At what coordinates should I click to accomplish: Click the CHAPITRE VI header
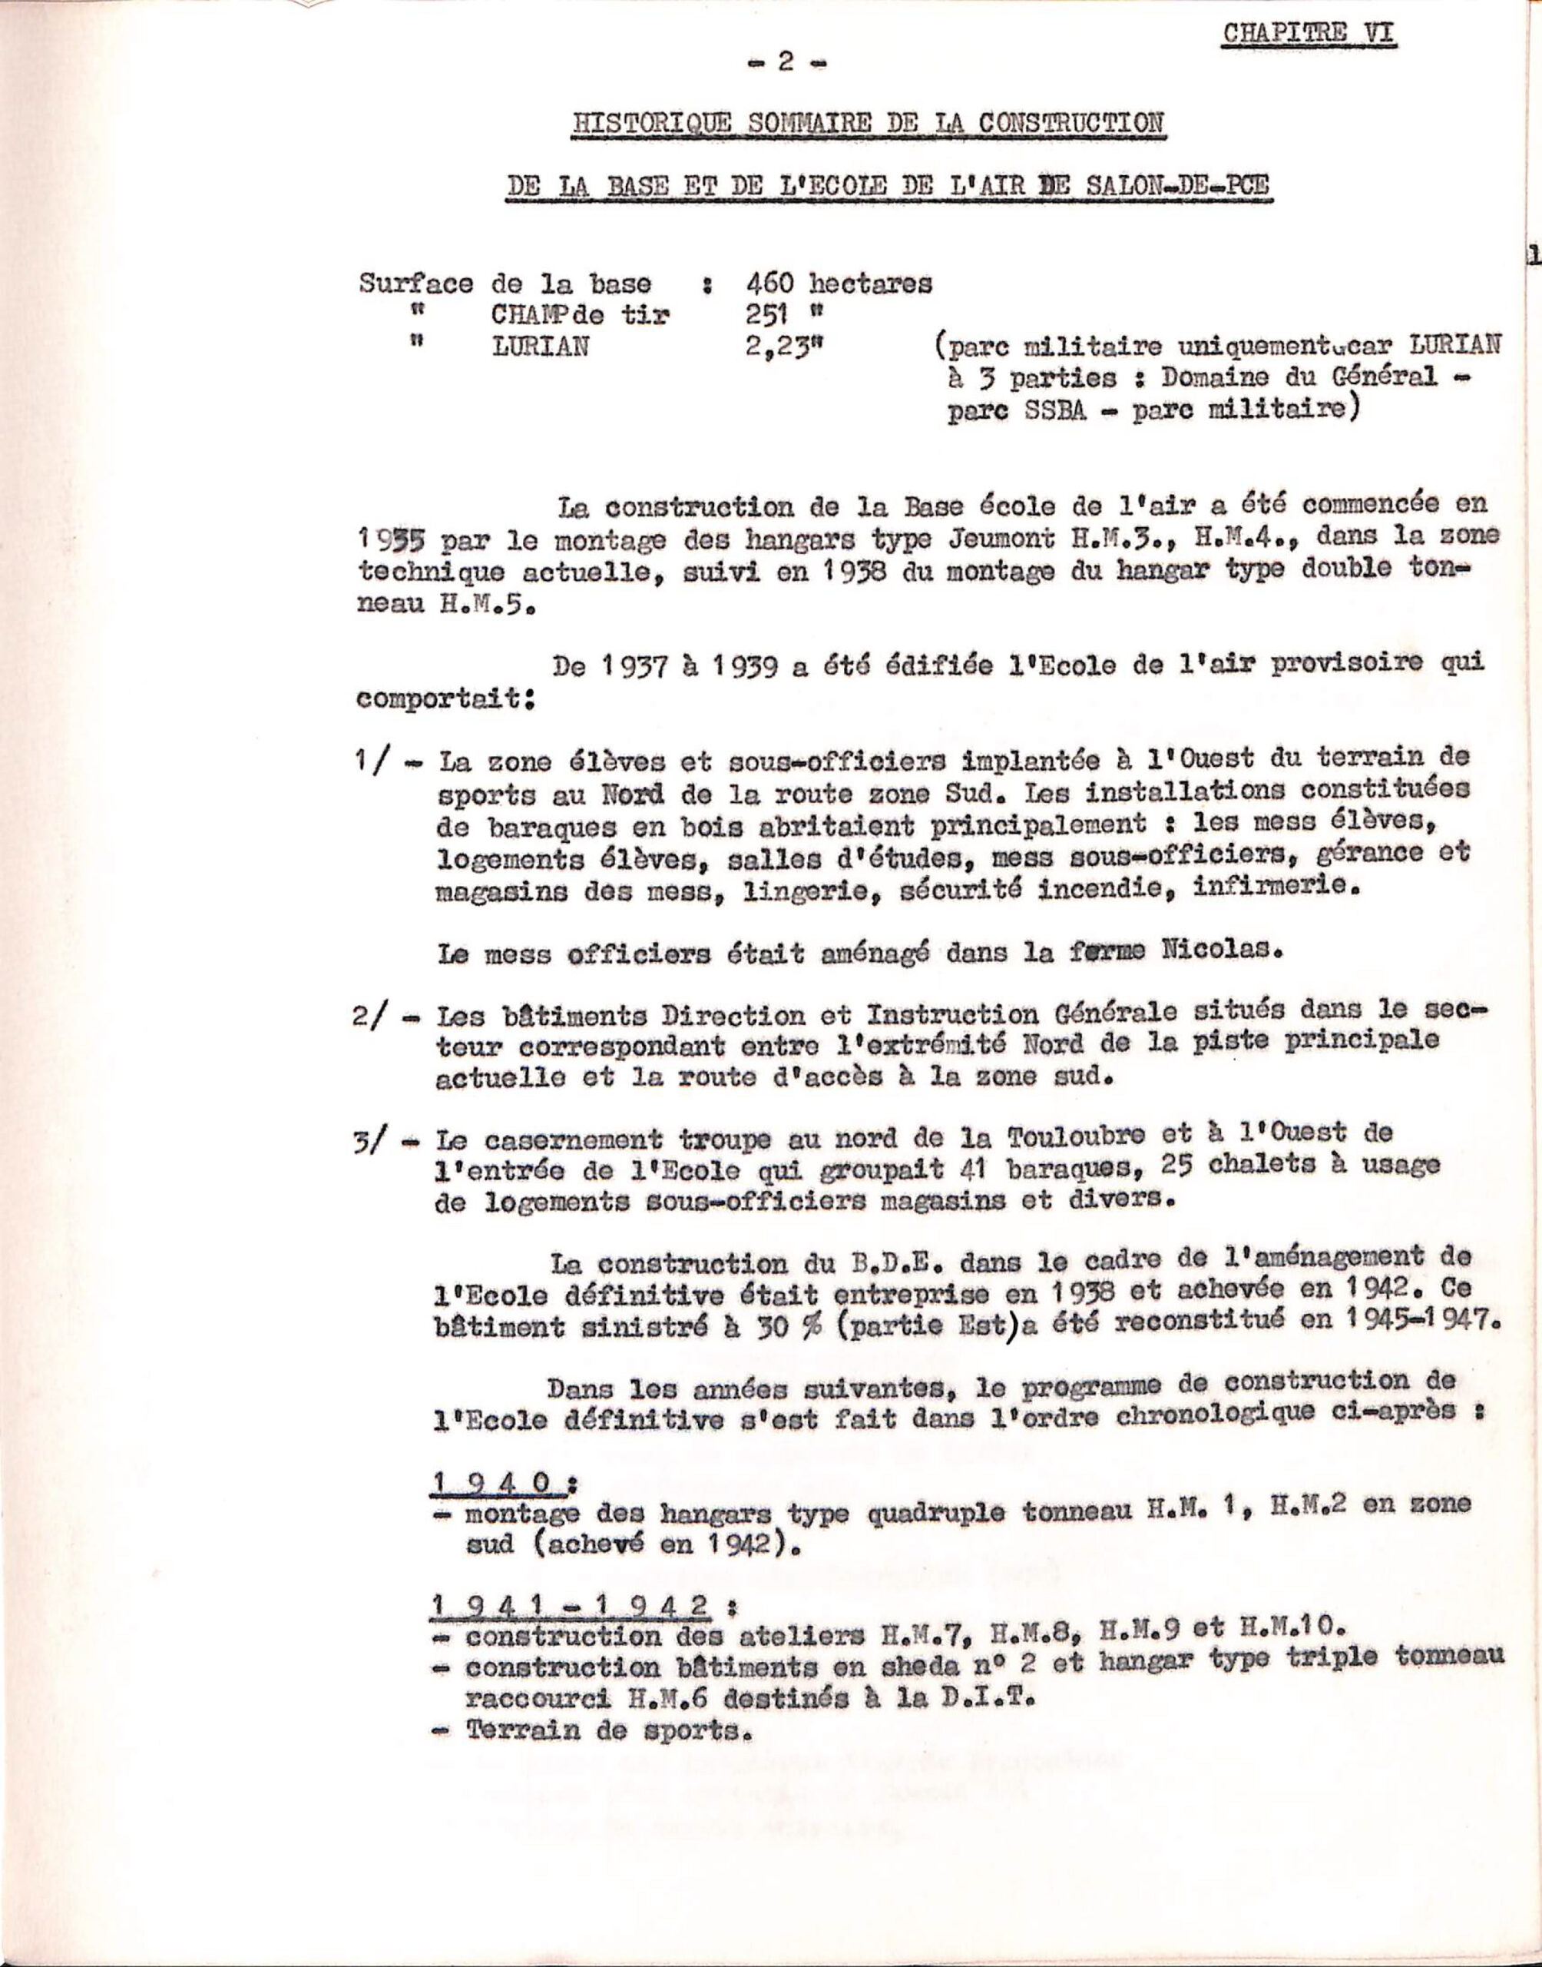(1309, 35)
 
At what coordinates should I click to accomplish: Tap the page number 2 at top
(786, 61)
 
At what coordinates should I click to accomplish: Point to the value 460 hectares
(839, 284)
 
